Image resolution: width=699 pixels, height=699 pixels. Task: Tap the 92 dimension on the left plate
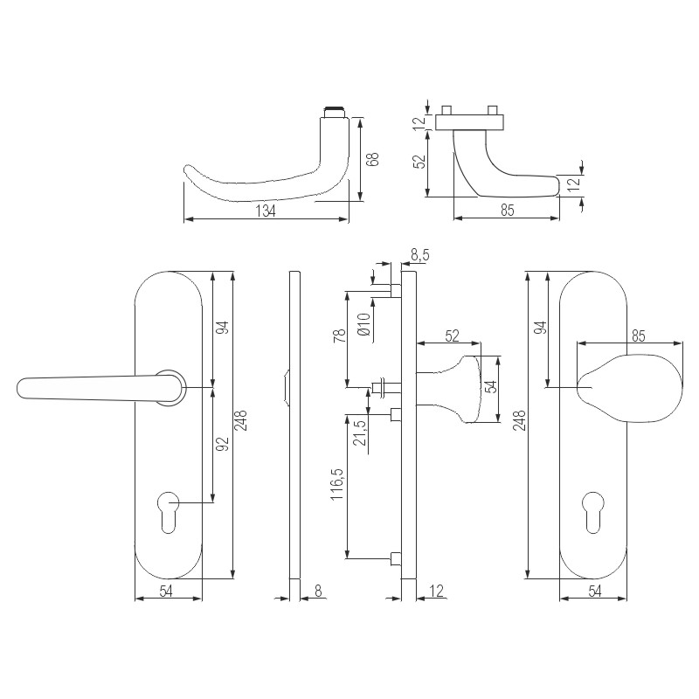point(222,444)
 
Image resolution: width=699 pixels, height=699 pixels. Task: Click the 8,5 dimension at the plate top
point(419,254)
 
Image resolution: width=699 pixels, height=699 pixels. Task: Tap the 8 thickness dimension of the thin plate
point(318,592)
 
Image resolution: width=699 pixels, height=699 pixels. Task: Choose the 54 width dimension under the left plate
point(168,592)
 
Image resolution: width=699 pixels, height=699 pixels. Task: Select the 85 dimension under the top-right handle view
point(507,211)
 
